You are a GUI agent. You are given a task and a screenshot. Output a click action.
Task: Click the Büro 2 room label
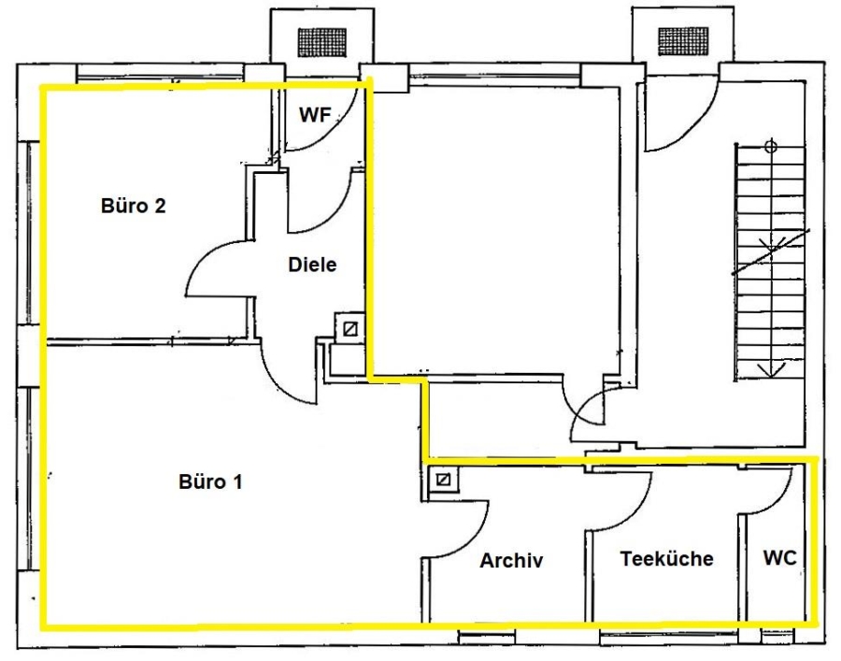pos(133,206)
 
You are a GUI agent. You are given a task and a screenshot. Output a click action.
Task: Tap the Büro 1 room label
pos(210,481)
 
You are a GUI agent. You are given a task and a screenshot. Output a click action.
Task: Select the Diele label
pos(312,265)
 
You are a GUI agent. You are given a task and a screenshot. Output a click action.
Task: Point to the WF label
pos(315,114)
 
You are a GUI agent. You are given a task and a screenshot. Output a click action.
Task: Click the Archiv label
pos(511,560)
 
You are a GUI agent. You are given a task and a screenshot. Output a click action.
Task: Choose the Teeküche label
pos(666,558)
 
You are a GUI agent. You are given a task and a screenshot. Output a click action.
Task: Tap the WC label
pos(780,557)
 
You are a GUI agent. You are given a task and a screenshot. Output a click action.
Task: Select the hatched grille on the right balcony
pos(683,41)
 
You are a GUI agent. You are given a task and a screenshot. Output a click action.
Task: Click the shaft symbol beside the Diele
pos(349,329)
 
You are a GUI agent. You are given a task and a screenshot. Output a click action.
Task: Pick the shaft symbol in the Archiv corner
pos(443,479)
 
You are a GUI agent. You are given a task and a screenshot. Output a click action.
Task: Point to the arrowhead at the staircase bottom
pos(771,369)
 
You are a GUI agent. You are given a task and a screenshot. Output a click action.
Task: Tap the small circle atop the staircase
pos(771,146)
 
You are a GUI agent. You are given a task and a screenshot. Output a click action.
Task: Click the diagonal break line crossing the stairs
pos(771,252)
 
